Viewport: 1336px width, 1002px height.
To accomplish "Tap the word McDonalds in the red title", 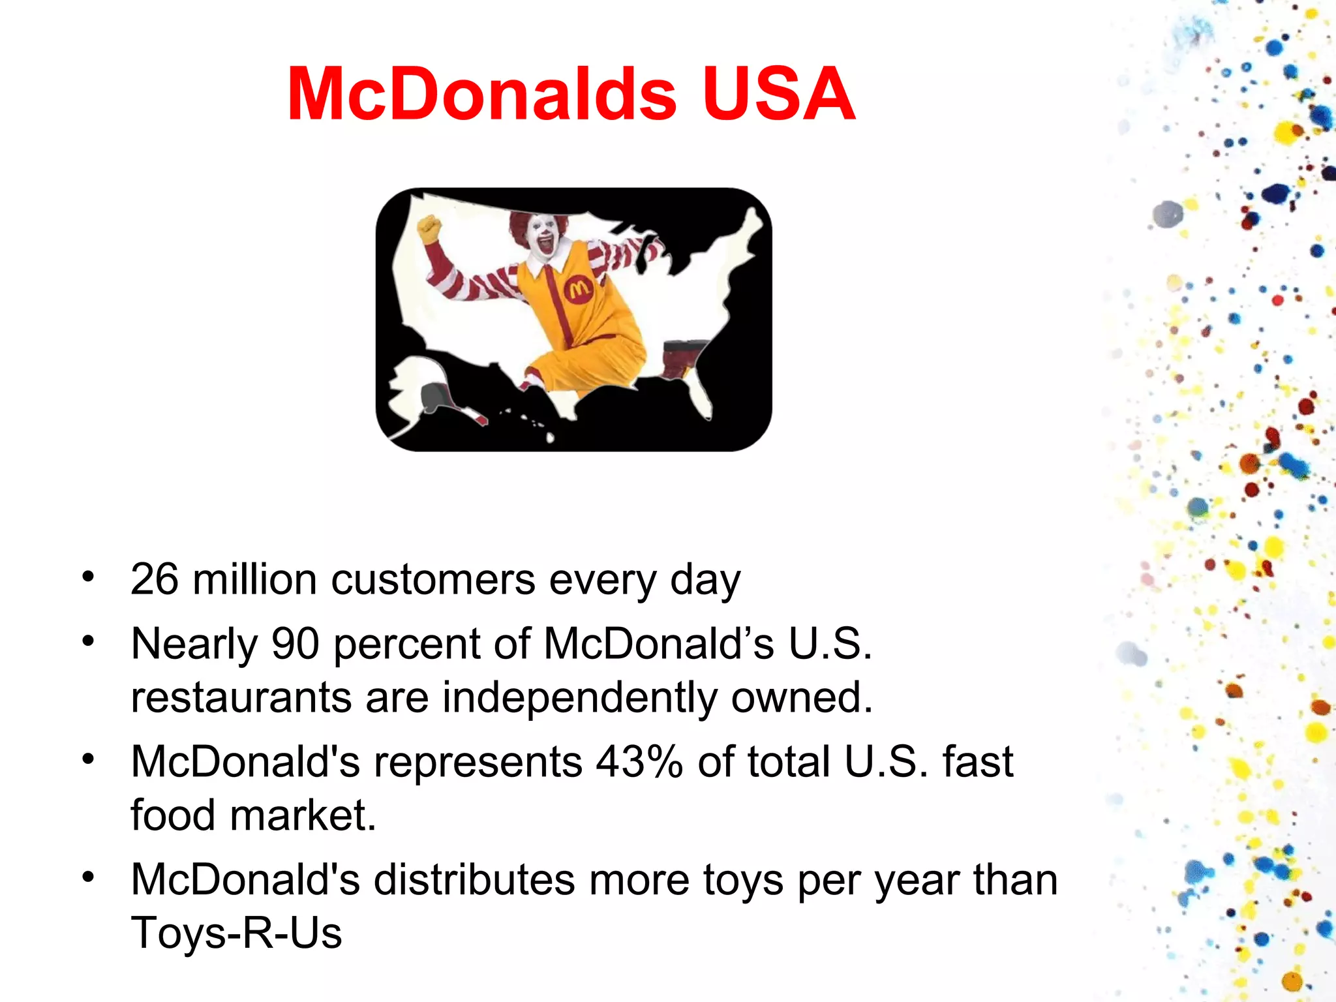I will click(x=481, y=95).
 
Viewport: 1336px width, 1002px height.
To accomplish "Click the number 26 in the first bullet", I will click(x=154, y=579).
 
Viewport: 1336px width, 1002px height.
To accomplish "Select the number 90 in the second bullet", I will click(x=295, y=644).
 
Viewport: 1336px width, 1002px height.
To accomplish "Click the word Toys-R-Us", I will click(x=236, y=932).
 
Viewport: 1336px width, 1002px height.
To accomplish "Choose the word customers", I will click(x=433, y=579).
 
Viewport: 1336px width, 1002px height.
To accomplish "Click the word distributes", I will click(x=474, y=879).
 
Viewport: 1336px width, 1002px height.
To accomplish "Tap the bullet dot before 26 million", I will click(x=88, y=577).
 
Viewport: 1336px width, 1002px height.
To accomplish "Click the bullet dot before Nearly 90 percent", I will click(x=88, y=641).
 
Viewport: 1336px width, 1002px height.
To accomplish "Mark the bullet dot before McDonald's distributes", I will click(x=88, y=877).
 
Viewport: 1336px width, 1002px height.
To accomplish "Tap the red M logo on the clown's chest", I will click(x=578, y=289).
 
